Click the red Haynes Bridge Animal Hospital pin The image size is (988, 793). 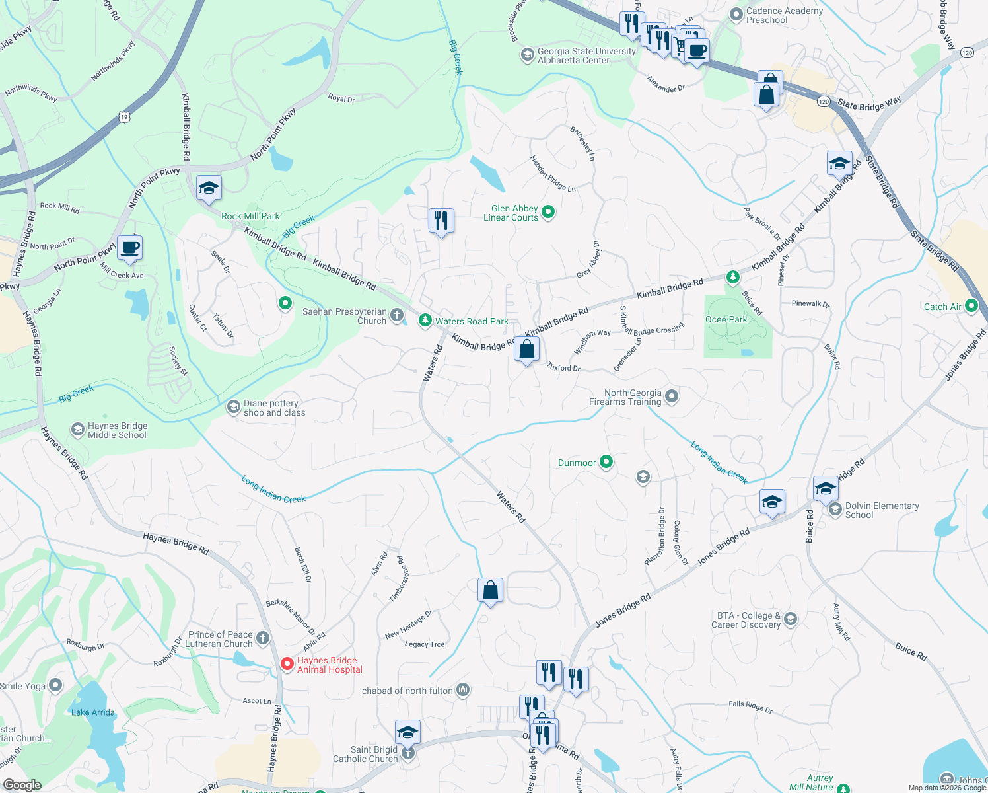pos(287,663)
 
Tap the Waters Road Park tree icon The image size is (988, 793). pos(425,321)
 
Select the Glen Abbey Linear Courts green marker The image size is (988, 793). pos(547,212)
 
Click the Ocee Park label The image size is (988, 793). pos(726,319)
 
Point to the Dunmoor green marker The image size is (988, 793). pos(606,463)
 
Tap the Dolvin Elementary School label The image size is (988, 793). pos(882,510)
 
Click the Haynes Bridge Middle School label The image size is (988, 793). pos(117,430)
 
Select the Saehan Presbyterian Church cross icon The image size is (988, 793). pos(397,315)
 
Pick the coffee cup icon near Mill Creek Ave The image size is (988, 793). pos(130,248)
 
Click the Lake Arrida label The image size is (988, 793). pos(93,712)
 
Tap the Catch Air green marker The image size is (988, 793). pos(971,306)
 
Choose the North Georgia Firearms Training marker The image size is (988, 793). pos(671,397)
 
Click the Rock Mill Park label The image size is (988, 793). pos(250,216)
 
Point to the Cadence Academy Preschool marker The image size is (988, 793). pos(736,15)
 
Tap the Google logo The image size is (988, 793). pos(22,784)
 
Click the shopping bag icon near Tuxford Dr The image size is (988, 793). pos(526,349)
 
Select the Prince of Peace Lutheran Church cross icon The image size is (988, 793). pos(263,638)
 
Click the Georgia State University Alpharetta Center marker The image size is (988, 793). pos(527,55)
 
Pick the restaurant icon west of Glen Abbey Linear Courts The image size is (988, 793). pos(441,220)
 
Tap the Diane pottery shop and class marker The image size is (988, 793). pos(233,407)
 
